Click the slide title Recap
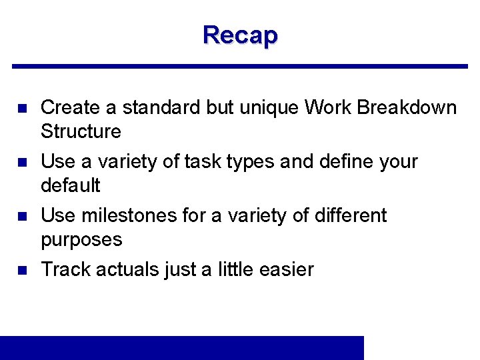click(240, 35)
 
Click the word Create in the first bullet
click(70, 107)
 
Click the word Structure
click(81, 131)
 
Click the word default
click(70, 185)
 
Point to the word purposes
click(81, 239)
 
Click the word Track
click(66, 269)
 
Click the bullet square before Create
click(21, 108)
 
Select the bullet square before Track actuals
click(21, 270)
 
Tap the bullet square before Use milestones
click(21, 216)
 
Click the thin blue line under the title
click(240, 66)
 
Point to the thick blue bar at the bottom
click(182, 347)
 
